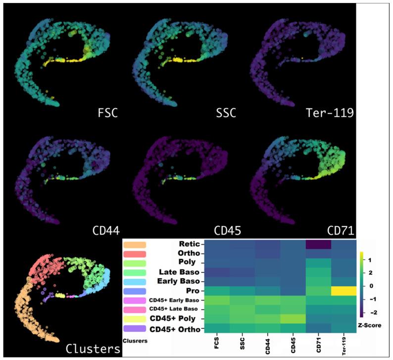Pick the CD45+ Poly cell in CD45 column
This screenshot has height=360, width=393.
pos(292,318)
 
